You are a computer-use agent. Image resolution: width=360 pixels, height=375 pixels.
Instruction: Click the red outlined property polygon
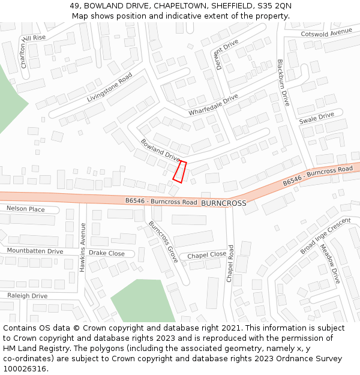click(180, 171)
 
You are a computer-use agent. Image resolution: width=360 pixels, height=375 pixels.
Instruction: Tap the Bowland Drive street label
click(160, 150)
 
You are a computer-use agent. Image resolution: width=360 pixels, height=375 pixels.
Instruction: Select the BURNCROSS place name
click(224, 203)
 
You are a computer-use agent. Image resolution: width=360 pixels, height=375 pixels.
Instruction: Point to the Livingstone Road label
click(109, 88)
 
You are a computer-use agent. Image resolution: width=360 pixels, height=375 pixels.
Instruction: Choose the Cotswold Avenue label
click(326, 32)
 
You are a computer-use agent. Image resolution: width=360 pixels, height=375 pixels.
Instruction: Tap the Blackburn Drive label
click(283, 83)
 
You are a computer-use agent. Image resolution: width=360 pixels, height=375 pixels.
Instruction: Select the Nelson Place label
click(26, 209)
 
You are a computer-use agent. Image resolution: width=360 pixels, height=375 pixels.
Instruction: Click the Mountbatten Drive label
click(35, 251)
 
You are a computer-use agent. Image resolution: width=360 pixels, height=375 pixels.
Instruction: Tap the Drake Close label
click(107, 253)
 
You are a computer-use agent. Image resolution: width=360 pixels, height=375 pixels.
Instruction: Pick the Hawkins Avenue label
click(83, 247)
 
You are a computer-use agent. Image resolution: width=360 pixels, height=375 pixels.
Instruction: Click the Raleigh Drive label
click(28, 296)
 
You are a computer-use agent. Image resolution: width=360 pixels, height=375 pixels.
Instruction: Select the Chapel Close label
click(207, 255)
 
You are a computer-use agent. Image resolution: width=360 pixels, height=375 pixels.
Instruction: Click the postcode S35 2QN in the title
click(271, 5)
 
